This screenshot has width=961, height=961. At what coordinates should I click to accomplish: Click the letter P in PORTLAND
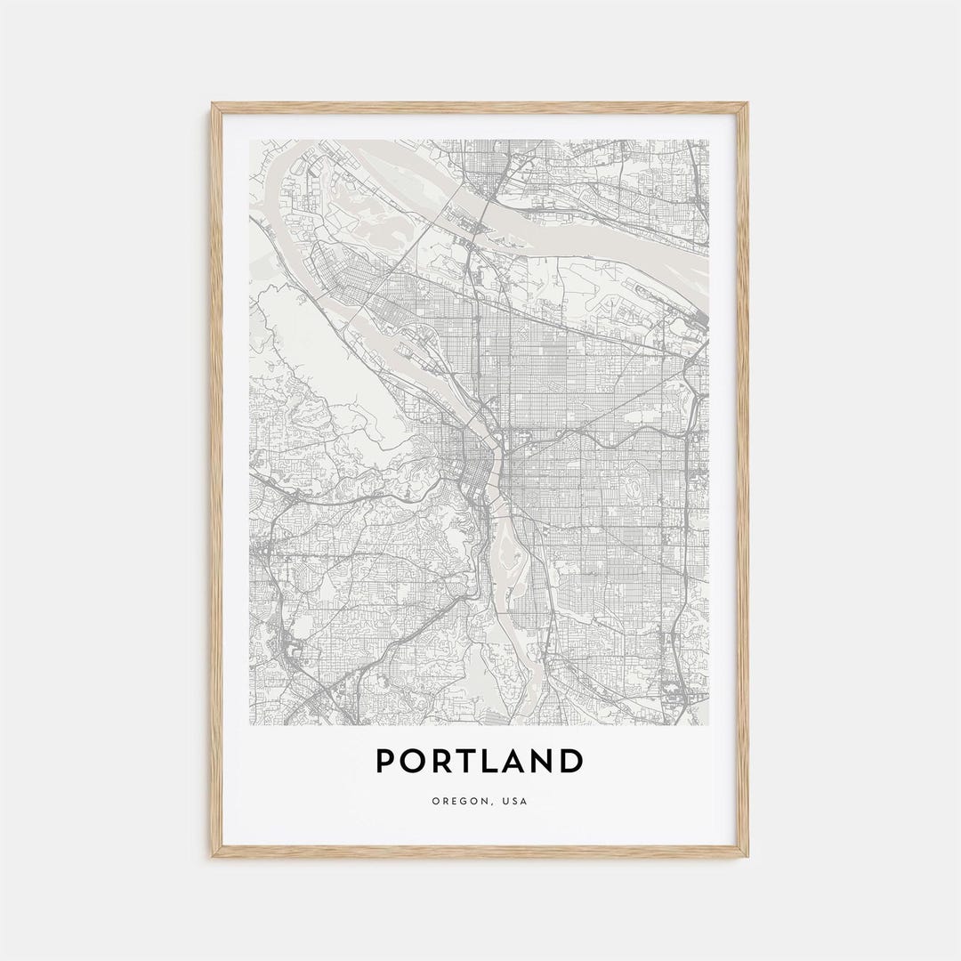click(x=386, y=761)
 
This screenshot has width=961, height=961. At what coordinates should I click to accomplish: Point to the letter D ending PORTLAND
click(x=571, y=761)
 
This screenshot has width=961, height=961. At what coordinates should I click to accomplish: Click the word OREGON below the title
click(x=458, y=802)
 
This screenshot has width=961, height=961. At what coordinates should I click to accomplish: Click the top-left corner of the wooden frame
click(x=214, y=105)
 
